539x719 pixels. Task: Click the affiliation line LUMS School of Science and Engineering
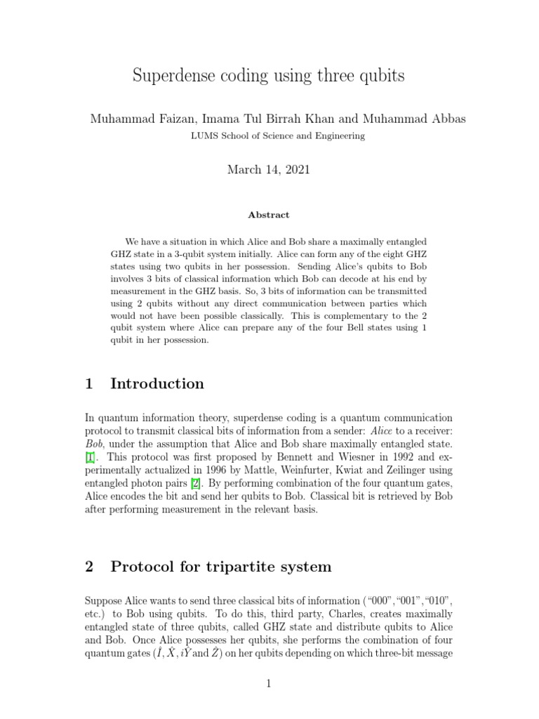tap(269, 136)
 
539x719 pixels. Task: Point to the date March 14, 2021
tap(269, 170)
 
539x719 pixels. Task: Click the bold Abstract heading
tap(269, 215)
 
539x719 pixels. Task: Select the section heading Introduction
tap(157, 383)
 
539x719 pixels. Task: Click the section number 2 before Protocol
tap(89, 567)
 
